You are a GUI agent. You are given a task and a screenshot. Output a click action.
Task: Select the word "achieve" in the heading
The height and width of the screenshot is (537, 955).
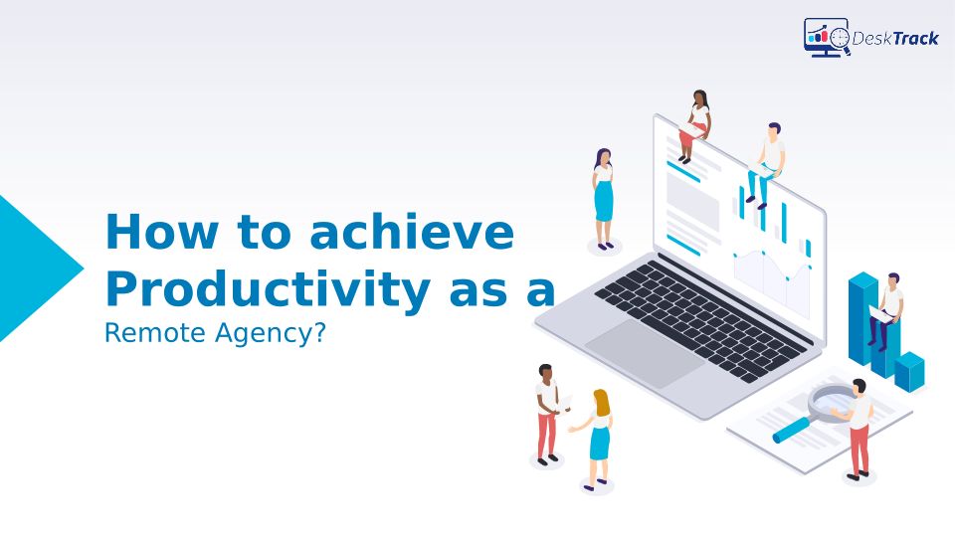click(x=412, y=231)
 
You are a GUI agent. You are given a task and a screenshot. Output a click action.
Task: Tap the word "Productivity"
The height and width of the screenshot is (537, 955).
click(x=268, y=288)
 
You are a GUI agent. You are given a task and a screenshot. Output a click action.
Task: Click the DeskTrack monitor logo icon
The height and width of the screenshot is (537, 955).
click(x=826, y=37)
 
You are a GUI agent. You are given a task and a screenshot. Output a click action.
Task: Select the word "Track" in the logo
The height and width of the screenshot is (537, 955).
click(x=916, y=39)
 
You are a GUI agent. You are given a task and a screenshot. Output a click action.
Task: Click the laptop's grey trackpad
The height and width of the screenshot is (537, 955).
click(x=645, y=352)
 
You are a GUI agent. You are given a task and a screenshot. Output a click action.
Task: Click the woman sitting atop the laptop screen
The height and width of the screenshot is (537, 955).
click(x=695, y=126)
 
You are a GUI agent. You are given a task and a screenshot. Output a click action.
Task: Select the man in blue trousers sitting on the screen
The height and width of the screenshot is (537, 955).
click(x=766, y=164)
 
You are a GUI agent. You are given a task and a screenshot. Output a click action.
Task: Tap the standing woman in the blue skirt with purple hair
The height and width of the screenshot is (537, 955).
click(x=603, y=199)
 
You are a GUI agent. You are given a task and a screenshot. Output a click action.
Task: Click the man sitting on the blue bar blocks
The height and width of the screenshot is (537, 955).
click(x=886, y=311)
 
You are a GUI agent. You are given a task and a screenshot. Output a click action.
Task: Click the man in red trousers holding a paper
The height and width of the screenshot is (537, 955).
click(x=548, y=414)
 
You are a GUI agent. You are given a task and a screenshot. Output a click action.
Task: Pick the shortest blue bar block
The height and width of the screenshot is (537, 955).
click(x=909, y=371)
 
